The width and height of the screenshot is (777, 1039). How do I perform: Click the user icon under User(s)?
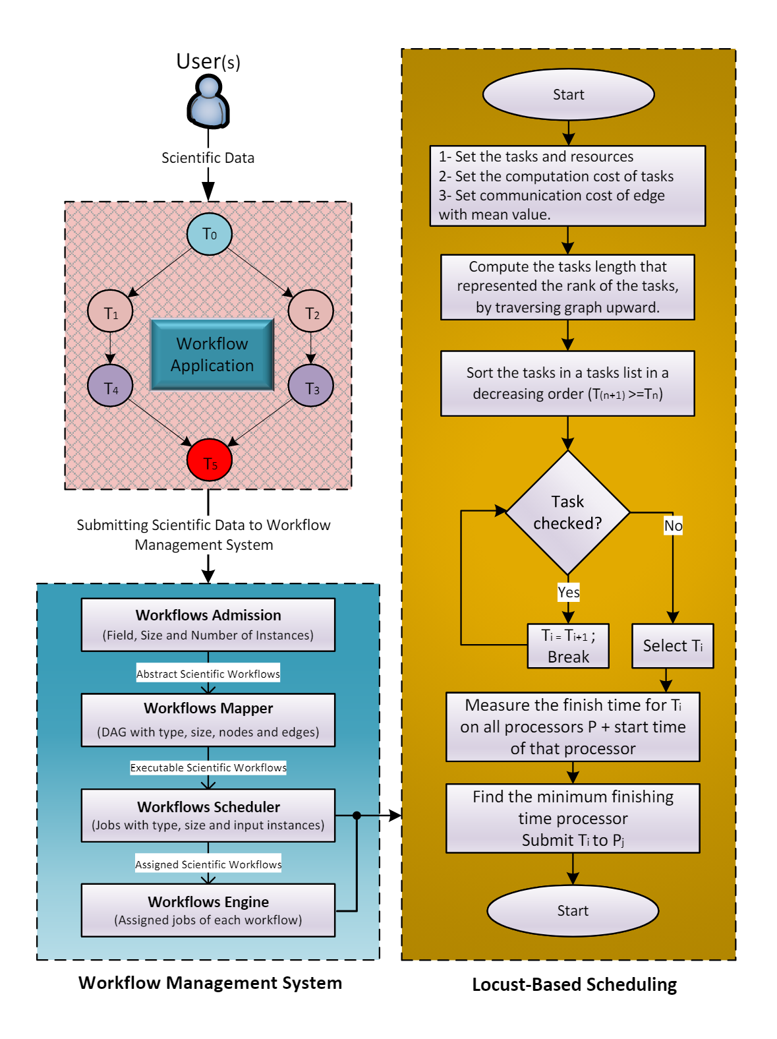208,102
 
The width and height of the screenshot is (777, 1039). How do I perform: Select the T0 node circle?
209,234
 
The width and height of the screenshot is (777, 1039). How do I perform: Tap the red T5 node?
210,460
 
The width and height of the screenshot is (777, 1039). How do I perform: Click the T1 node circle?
110,311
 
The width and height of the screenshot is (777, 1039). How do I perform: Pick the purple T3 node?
311,386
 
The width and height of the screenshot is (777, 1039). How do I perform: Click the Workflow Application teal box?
212,355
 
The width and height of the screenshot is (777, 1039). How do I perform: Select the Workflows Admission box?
208,624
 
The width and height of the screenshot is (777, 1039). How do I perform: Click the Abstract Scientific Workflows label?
208,674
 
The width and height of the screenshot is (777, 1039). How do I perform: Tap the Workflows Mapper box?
208,719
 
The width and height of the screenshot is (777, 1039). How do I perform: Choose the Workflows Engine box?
208,910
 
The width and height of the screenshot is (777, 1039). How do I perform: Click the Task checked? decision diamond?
567,512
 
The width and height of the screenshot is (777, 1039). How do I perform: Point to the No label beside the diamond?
673,525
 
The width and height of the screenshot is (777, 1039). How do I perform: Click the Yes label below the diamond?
568,592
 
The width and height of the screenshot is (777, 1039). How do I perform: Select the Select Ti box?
672,646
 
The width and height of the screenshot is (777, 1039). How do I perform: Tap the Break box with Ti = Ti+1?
568,646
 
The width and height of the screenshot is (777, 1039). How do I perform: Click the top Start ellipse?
568,95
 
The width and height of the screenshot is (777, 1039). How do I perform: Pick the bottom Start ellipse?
573,910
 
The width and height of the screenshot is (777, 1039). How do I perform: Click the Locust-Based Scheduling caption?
574,984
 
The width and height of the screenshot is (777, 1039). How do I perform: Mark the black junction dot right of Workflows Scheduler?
357,816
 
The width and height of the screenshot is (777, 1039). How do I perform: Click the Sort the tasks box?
567,383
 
